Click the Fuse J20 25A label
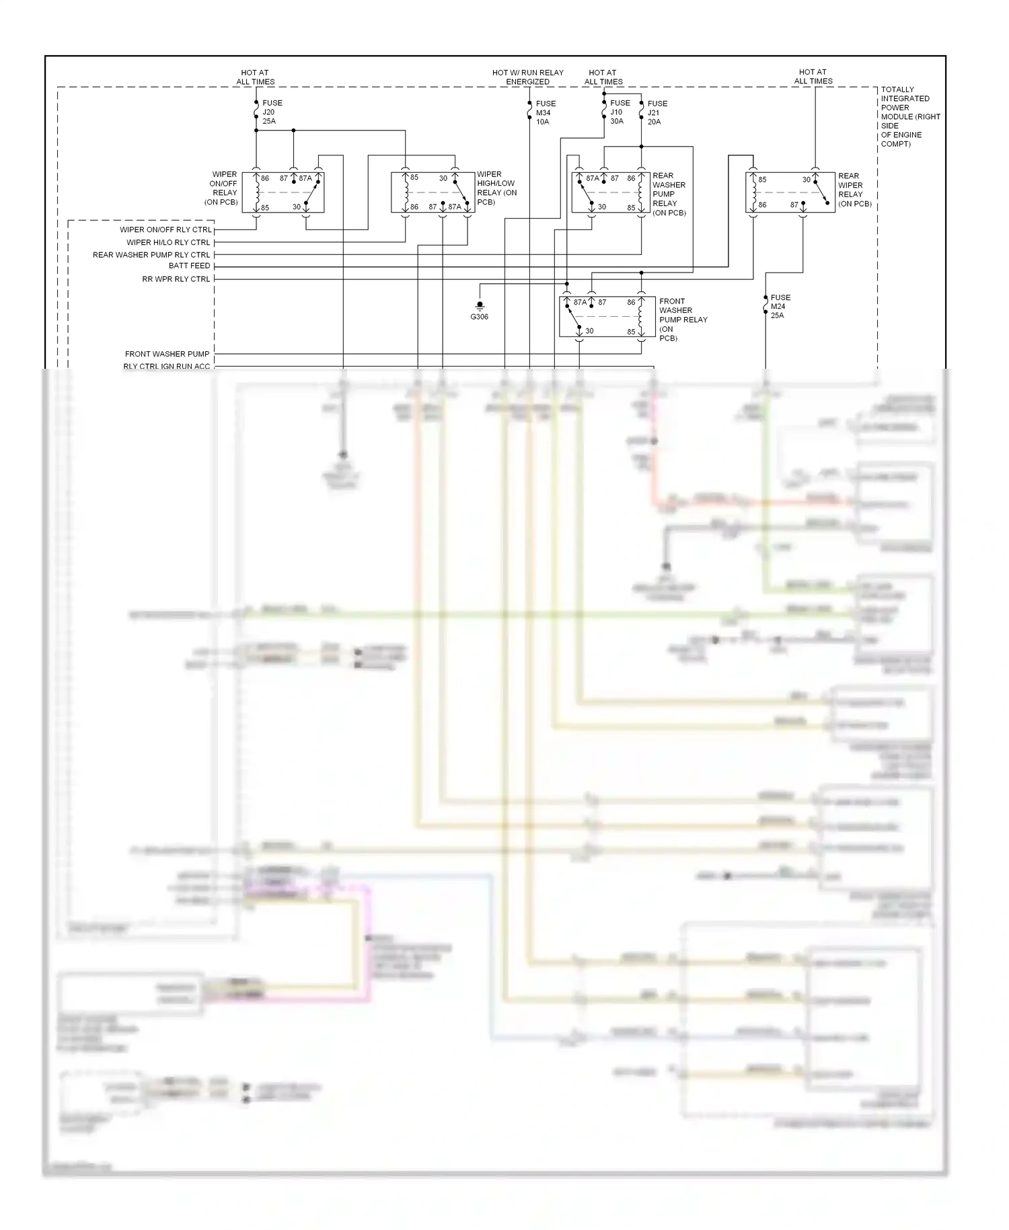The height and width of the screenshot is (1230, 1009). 272,112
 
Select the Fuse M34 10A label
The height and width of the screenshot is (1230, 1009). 545,113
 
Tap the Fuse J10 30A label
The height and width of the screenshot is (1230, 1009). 620,112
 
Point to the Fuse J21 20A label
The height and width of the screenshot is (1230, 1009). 657,113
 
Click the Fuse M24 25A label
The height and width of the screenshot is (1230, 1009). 780,306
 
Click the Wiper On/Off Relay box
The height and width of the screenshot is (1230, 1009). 283,192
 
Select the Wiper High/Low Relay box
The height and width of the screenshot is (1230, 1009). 433,192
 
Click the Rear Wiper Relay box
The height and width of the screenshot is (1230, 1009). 790,192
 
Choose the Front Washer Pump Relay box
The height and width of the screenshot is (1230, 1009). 607,316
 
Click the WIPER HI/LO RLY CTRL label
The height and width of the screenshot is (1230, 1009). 168,243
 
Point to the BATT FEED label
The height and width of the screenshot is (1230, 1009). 189,266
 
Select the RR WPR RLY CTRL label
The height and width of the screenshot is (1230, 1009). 176,279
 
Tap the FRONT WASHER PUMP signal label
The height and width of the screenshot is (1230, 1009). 167,354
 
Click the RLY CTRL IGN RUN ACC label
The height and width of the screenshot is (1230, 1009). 166,366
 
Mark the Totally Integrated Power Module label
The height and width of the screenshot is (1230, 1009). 909,116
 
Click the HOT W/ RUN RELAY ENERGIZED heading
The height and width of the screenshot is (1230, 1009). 527,77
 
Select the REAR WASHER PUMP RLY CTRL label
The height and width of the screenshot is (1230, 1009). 151,255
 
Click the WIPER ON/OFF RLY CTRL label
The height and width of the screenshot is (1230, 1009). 165,230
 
